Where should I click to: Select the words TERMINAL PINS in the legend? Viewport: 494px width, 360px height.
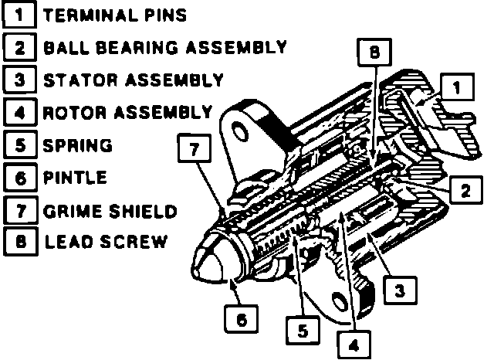(x=115, y=15)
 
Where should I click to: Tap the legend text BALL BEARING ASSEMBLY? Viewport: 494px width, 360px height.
(x=165, y=47)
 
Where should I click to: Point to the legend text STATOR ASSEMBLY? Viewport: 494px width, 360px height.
(x=134, y=80)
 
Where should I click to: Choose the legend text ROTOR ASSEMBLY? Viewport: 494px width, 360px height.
(x=127, y=112)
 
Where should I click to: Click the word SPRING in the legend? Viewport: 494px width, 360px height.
(x=78, y=144)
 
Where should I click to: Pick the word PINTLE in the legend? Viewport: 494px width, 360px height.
(x=75, y=177)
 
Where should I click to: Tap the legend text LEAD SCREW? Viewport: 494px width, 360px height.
(x=105, y=242)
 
